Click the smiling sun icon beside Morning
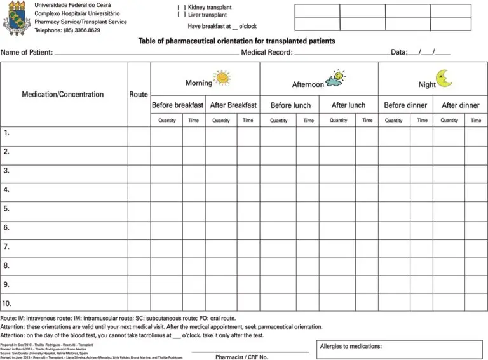tap(222, 78)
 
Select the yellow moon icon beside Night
tap(444, 79)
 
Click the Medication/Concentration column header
tap(63, 95)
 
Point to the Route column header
tap(139, 95)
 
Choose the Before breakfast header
tap(177, 105)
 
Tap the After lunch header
tap(348, 105)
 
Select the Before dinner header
tap(405, 105)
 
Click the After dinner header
tap(460, 105)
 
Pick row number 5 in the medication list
tap(6, 209)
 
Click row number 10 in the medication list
tap(8, 303)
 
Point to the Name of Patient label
tap(27, 53)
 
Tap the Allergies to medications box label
tap(351, 347)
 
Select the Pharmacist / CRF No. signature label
tap(241, 357)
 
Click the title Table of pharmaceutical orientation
tap(236, 41)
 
